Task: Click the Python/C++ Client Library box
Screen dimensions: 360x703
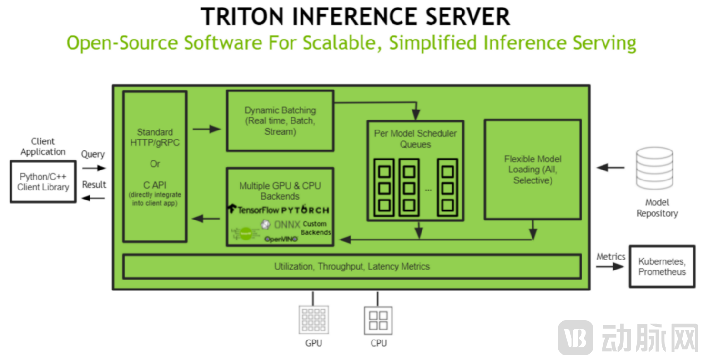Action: [x=43, y=182]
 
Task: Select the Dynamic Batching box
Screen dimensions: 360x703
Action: [x=280, y=121]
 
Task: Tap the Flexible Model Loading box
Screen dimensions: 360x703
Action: [x=532, y=170]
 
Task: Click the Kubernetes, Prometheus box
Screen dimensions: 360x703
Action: [x=662, y=267]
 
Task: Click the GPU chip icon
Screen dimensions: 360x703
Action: [x=313, y=320]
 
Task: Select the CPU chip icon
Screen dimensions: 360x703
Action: [x=378, y=320]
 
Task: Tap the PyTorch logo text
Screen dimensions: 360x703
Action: [x=305, y=210]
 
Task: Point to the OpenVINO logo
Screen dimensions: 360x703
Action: [x=281, y=239]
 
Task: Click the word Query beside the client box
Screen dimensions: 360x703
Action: [x=93, y=154]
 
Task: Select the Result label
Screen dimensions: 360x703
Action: [x=94, y=185]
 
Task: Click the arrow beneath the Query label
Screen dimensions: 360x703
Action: [x=93, y=168]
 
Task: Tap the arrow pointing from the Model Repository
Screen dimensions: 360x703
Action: [x=611, y=168]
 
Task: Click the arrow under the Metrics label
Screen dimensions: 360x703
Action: [x=610, y=267]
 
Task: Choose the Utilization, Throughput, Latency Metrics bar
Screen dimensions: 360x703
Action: [x=351, y=267]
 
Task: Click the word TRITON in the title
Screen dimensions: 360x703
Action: [x=243, y=17]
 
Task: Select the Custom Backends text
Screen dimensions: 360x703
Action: [x=315, y=228]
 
